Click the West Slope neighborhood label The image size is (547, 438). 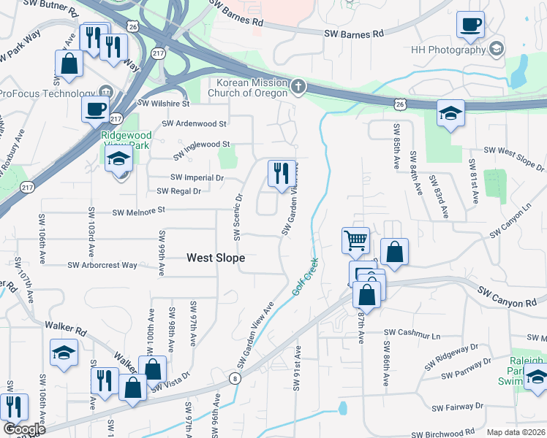point(216,258)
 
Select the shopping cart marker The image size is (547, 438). point(355,239)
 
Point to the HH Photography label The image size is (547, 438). point(448,48)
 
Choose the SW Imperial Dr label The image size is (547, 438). point(197,177)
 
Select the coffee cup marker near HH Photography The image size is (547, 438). point(470,24)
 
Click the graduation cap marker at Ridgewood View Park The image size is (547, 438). point(118,159)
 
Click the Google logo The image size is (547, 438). point(23,429)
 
